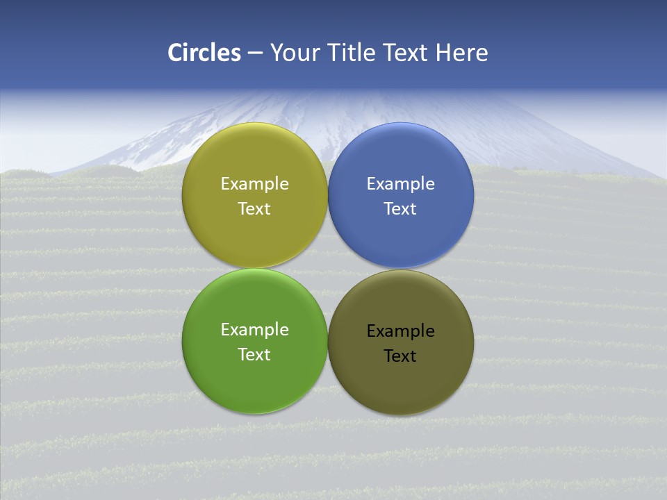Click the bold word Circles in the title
pyautogui.click(x=204, y=53)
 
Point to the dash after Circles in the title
pyautogui.click(x=255, y=53)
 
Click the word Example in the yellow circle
pyautogui.click(x=254, y=184)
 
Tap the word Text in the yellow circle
pyautogui.click(x=254, y=209)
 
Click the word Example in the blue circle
pyautogui.click(x=400, y=184)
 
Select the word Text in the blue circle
pyautogui.click(x=400, y=209)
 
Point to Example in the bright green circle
pyautogui.click(x=254, y=330)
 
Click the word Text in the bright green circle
pyautogui.click(x=254, y=355)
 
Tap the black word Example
pyautogui.click(x=400, y=331)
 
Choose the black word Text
pyautogui.click(x=400, y=356)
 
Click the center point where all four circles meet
pyautogui.click(x=328, y=269)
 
